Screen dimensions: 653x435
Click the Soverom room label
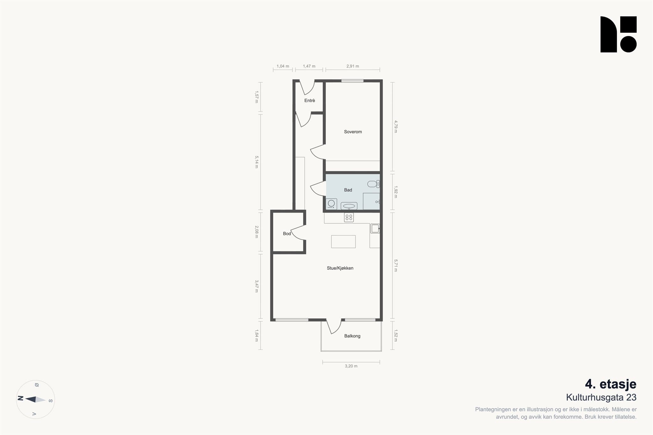point(353,132)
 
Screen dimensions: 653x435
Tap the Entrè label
point(310,101)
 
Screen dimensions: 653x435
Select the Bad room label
point(348,190)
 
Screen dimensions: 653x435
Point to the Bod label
point(287,234)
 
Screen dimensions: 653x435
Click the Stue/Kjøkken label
point(340,268)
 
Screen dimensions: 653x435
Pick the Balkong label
point(352,336)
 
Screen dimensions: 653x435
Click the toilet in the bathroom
point(373,184)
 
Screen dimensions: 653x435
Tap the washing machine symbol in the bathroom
point(331,204)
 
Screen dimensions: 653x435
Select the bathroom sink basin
point(349,206)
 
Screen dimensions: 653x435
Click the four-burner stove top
point(349,217)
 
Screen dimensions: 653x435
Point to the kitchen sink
point(375,228)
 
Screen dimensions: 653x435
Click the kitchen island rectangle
point(343,242)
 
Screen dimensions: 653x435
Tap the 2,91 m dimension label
point(353,66)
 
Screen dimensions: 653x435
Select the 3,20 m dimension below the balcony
point(351,366)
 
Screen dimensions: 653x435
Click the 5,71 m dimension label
point(396,266)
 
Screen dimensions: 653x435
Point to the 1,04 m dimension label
point(283,66)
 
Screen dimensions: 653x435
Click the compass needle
point(35,399)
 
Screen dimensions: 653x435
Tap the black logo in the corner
point(619,34)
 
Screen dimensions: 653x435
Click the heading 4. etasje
point(611,384)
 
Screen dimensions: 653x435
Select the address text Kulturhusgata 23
point(601,398)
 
